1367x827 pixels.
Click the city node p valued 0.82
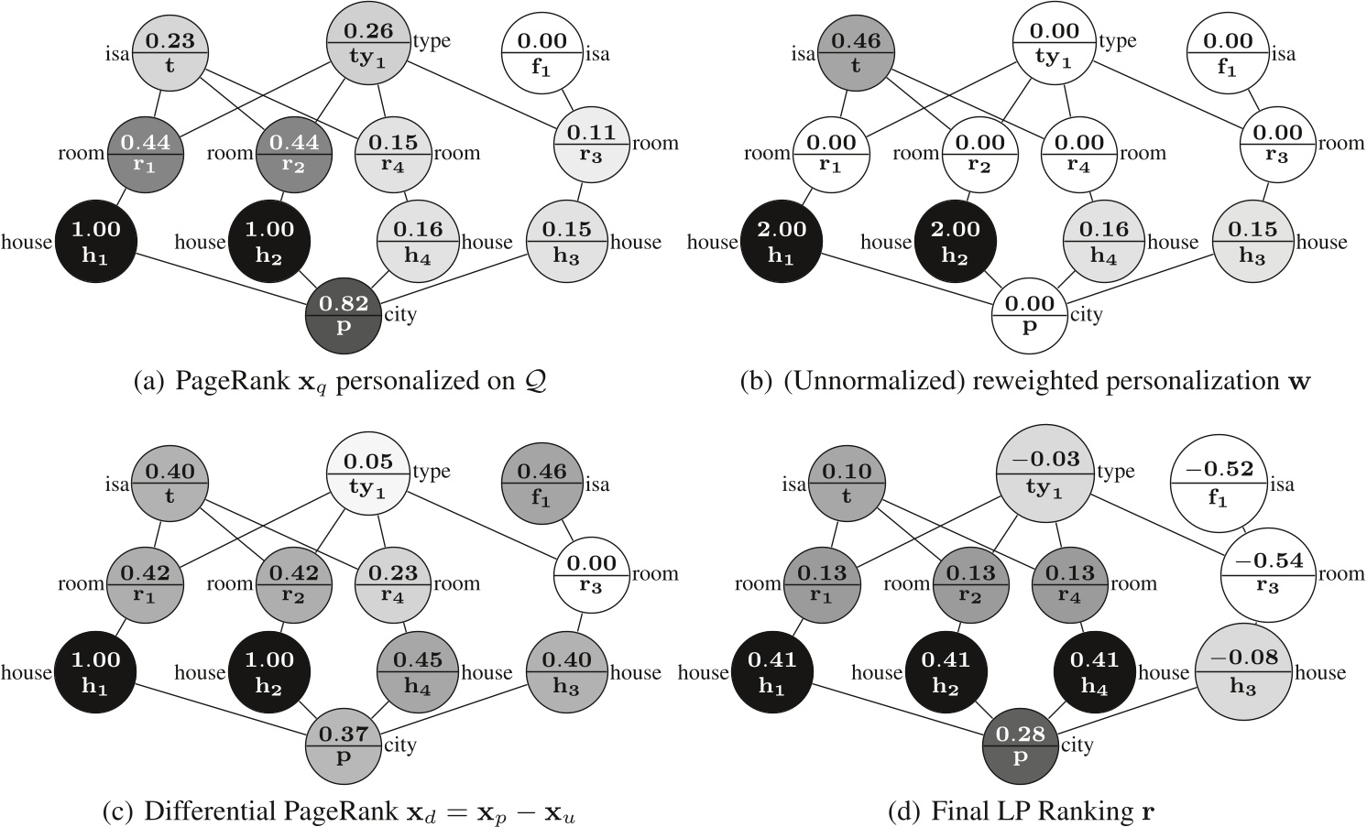pyautogui.click(x=344, y=314)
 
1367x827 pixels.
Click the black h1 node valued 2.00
pyautogui.click(x=781, y=242)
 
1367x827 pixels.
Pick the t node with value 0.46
pyautogui.click(x=856, y=53)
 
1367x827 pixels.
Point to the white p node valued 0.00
pyautogui.click(x=1030, y=314)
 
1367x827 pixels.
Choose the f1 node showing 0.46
pyautogui.click(x=541, y=484)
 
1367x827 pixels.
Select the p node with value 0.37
pyautogui.click(x=344, y=745)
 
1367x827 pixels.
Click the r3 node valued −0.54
pyautogui.click(x=1266, y=572)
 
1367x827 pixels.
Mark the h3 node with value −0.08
pyautogui.click(x=1242, y=671)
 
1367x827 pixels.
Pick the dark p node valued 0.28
pyautogui.click(x=1021, y=745)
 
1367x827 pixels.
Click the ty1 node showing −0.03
pyautogui.click(x=1045, y=472)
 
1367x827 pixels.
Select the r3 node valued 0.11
pyautogui.click(x=591, y=143)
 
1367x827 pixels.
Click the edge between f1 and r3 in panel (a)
pyautogui.click(x=568, y=95)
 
